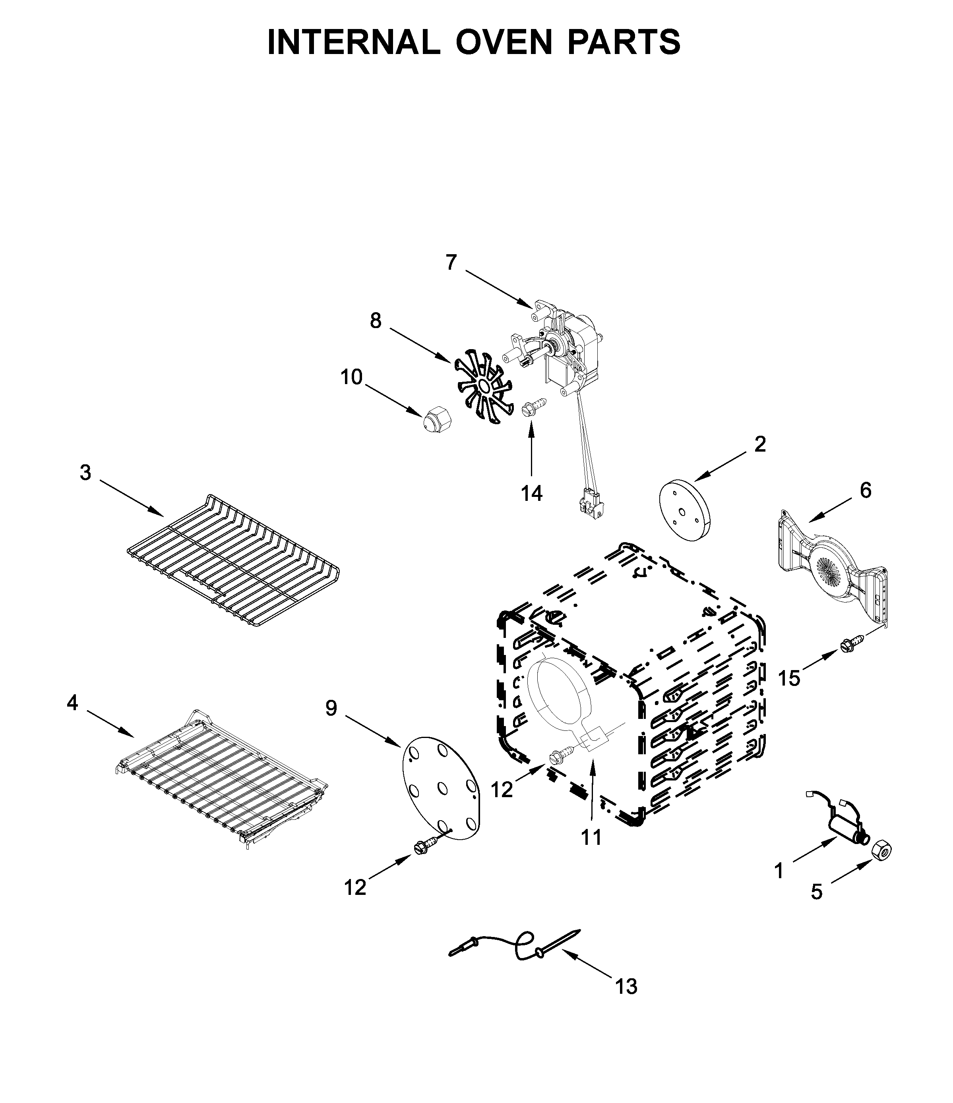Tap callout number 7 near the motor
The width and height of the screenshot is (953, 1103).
tap(451, 263)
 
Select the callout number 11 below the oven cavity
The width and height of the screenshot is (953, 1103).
tap(591, 837)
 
